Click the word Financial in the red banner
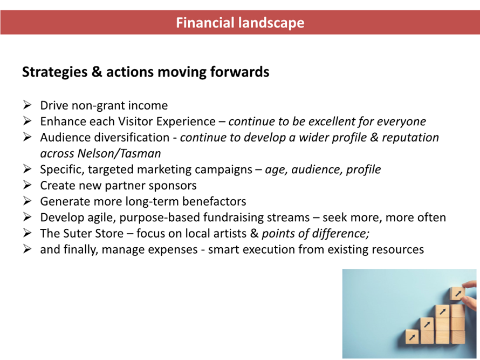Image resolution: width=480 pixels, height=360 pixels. tap(205, 23)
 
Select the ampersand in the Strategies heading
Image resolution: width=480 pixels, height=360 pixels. tap(97, 72)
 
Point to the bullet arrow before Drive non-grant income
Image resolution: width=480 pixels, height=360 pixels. tap(28, 105)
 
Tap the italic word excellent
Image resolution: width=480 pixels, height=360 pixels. tap(332, 121)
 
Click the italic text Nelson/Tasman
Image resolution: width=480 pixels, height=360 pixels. tap(119, 153)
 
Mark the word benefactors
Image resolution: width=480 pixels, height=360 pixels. tap(214, 201)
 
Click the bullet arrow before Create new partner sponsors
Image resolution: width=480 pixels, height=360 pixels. tap(28, 185)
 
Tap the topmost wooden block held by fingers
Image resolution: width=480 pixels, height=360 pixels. tap(457, 294)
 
